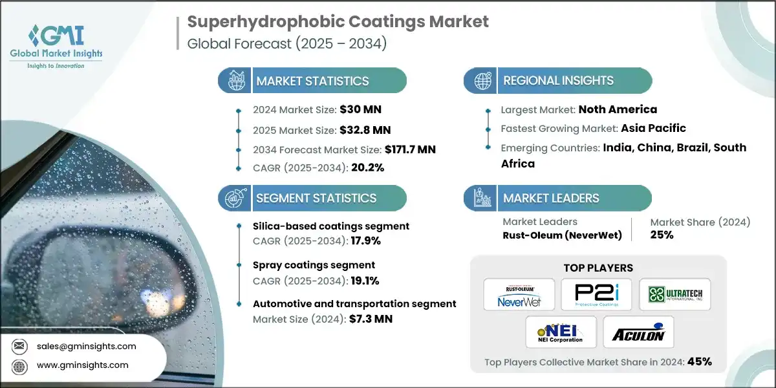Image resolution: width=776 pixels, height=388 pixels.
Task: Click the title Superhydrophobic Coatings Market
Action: (338, 22)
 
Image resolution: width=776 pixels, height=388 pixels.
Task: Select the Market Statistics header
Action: (312, 81)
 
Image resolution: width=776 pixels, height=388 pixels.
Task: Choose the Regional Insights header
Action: (559, 81)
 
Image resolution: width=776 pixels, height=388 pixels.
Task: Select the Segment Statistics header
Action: (316, 198)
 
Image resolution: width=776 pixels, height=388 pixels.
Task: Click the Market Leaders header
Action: (551, 198)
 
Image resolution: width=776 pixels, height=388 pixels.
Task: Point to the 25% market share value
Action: (662, 235)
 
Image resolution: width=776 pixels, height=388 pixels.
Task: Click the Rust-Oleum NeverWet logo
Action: (519, 294)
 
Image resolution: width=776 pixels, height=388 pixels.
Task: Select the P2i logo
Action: (596, 294)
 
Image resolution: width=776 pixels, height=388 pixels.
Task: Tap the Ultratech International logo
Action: (674, 294)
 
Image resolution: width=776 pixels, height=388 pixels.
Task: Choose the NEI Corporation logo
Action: (557, 332)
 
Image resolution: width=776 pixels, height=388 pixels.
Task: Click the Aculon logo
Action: (638, 332)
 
